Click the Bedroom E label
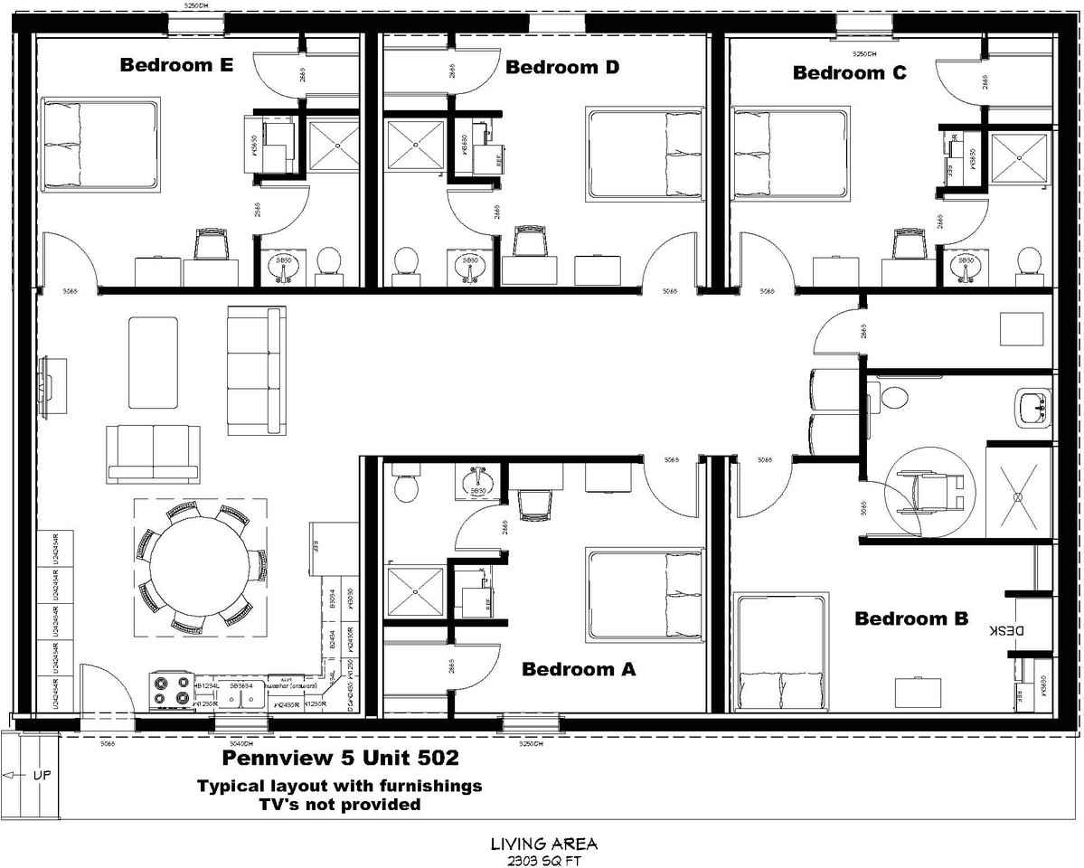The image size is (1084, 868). tap(176, 65)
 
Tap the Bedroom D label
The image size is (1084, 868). tap(562, 67)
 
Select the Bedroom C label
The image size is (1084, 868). tap(849, 73)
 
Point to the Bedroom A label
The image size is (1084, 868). tap(579, 670)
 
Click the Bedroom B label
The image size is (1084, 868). tap(911, 619)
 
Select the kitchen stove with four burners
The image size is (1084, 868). tap(171, 692)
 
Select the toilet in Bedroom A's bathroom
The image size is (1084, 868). tap(407, 486)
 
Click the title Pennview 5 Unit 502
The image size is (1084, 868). tap(340, 757)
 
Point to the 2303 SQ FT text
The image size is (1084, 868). tap(543, 861)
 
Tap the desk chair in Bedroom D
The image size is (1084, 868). tap(530, 241)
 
